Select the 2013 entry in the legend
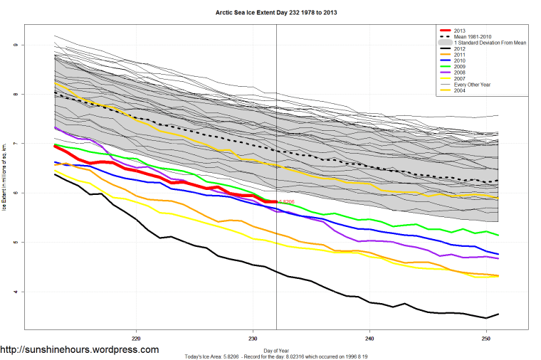click(x=460, y=31)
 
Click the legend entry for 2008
click(x=460, y=73)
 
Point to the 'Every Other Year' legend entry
click(x=473, y=85)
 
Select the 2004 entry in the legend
click(x=460, y=91)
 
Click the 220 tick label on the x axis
click(x=137, y=338)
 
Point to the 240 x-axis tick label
click(x=369, y=338)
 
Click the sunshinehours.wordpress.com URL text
click(x=80, y=350)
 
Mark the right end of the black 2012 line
click(x=498, y=314)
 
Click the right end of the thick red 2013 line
click(x=275, y=202)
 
